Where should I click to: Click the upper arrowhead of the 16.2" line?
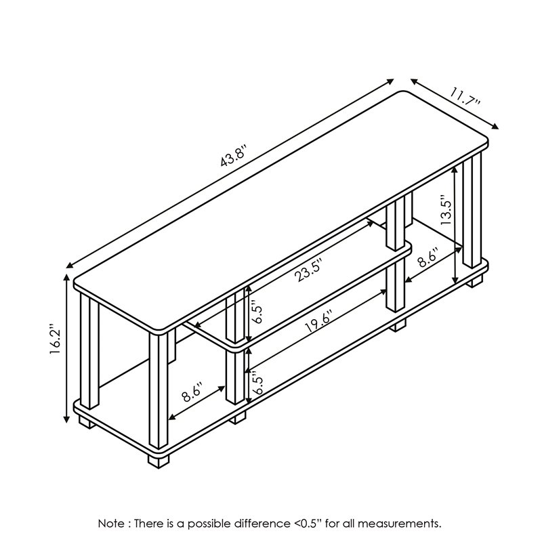(66, 277)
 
